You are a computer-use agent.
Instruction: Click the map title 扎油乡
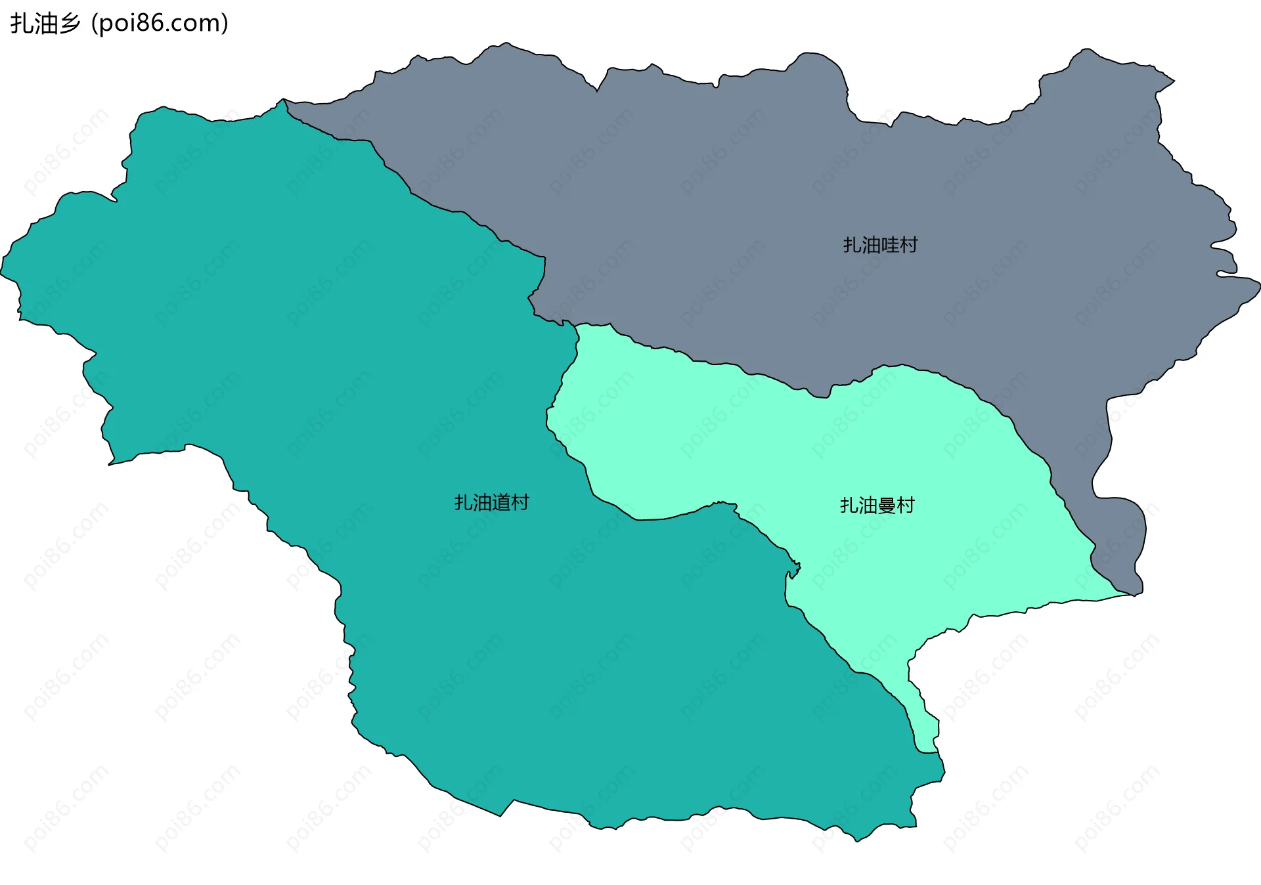click(45, 24)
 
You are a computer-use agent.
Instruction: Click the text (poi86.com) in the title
click(160, 24)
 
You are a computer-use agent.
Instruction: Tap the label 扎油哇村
click(880, 245)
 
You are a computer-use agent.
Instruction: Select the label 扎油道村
click(491, 503)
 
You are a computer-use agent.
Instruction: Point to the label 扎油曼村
click(877, 506)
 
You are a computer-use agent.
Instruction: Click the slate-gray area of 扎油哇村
click(722, 197)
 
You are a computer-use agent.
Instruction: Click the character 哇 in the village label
click(889, 245)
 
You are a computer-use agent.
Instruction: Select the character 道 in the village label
click(500, 503)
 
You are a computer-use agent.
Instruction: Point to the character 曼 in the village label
click(887, 506)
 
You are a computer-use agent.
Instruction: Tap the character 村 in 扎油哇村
click(908, 245)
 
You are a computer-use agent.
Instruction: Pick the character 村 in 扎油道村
click(520, 503)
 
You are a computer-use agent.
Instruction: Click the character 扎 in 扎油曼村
click(849, 506)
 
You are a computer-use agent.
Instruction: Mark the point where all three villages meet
click(576, 325)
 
